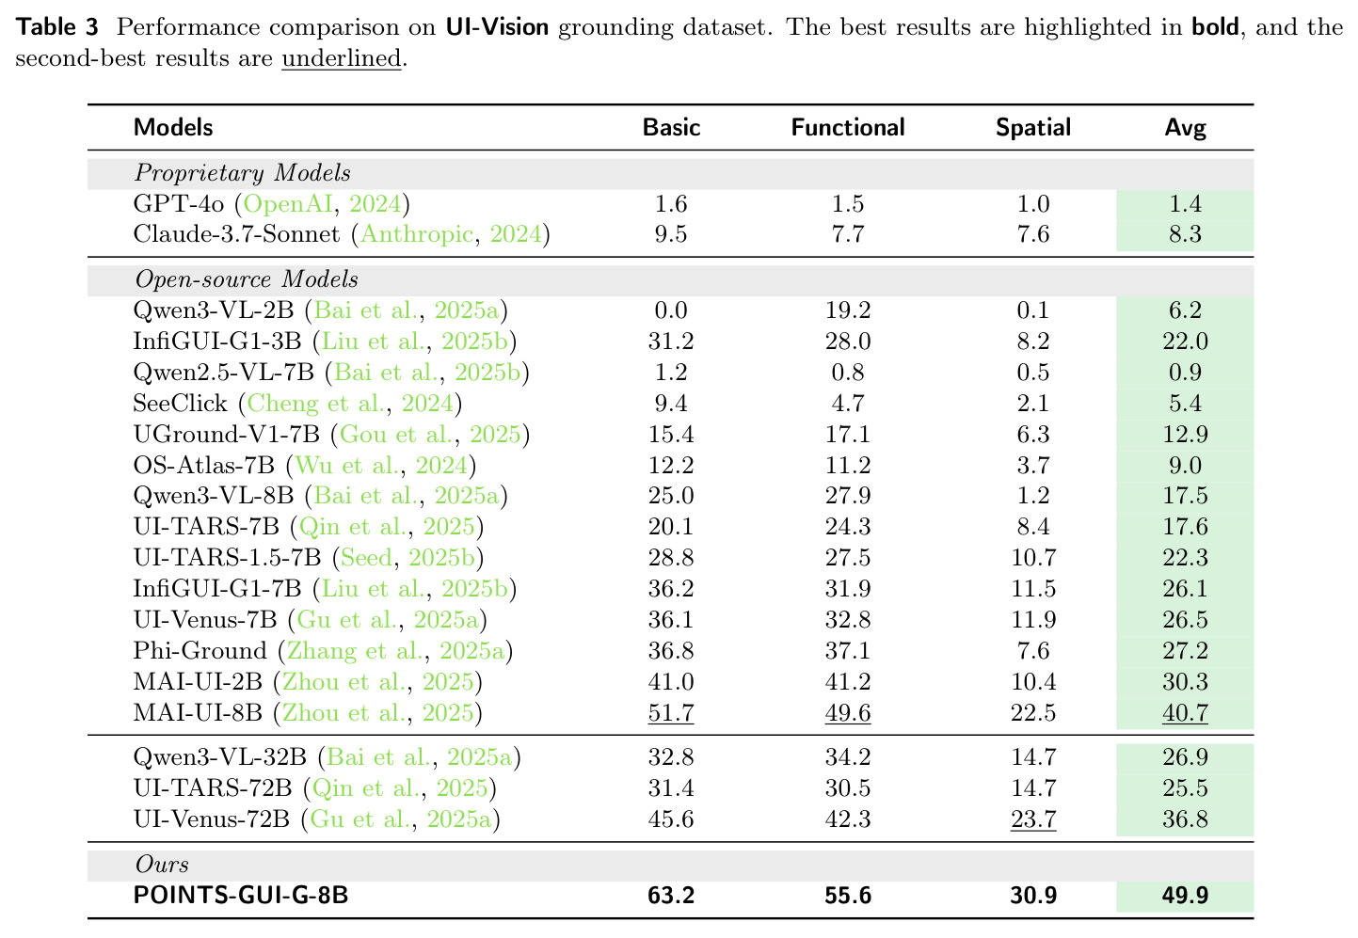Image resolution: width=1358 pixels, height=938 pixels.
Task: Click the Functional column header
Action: coord(848,127)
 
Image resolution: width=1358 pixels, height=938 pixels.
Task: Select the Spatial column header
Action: coord(1033,128)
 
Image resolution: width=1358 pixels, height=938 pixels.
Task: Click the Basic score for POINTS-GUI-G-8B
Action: coord(670,895)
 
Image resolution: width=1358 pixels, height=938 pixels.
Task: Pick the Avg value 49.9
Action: coord(1185,895)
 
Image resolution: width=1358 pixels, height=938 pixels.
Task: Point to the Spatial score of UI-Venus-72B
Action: coord(1033,819)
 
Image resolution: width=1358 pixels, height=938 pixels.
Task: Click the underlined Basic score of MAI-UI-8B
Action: coord(670,712)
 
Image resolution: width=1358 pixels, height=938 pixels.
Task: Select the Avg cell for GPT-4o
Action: coord(1185,203)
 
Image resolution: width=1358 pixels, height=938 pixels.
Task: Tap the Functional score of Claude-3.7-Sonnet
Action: coord(848,234)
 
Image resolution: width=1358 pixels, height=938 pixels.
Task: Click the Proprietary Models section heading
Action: coord(242,173)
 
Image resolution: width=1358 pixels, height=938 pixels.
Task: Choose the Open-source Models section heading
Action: coord(247,279)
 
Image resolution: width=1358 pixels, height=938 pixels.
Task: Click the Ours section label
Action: coord(162,864)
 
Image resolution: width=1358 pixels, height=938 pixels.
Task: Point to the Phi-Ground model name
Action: coord(200,651)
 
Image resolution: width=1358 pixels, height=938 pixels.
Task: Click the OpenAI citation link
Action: coord(288,204)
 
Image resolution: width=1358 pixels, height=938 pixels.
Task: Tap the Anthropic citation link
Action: coord(417,234)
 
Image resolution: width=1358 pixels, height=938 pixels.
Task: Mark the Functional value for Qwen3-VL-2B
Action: coord(848,310)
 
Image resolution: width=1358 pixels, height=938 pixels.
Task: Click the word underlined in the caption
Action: coord(342,58)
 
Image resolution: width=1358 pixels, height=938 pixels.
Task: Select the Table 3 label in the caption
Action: coord(57,27)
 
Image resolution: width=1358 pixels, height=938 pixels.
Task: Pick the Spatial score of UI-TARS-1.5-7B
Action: coord(1033,558)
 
